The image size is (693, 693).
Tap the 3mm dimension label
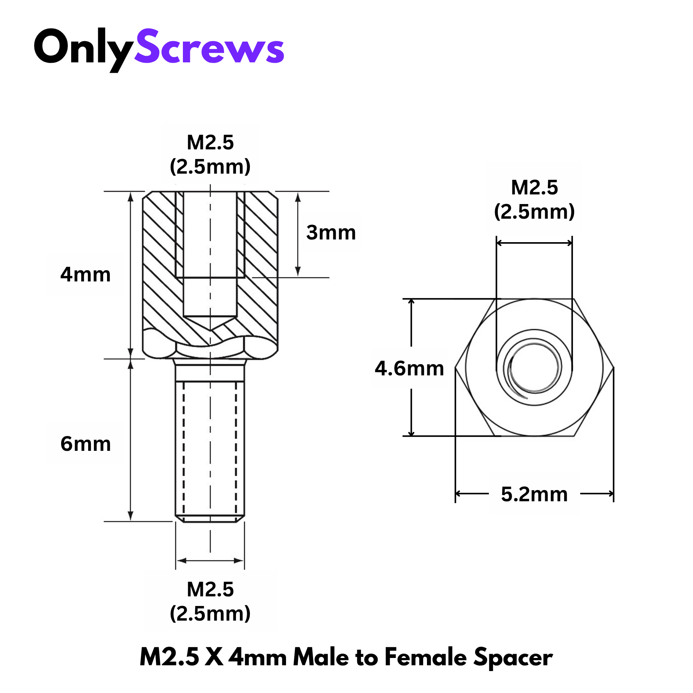click(x=331, y=233)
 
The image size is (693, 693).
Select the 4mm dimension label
click(x=85, y=275)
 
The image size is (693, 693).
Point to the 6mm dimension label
click(x=85, y=444)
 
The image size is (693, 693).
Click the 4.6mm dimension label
click(x=409, y=368)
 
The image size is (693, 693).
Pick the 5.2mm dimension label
click(x=534, y=494)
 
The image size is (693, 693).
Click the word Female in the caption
click(x=425, y=657)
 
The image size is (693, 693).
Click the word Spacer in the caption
click(x=513, y=658)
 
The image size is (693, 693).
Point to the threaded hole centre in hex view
click(x=534, y=368)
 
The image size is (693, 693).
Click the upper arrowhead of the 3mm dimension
click(x=298, y=197)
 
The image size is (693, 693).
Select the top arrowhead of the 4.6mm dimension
click(x=411, y=303)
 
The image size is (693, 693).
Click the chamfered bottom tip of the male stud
click(x=210, y=519)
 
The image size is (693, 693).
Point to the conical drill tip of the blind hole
click(x=210, y=323)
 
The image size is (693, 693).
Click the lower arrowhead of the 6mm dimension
click(x=131, y=516)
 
